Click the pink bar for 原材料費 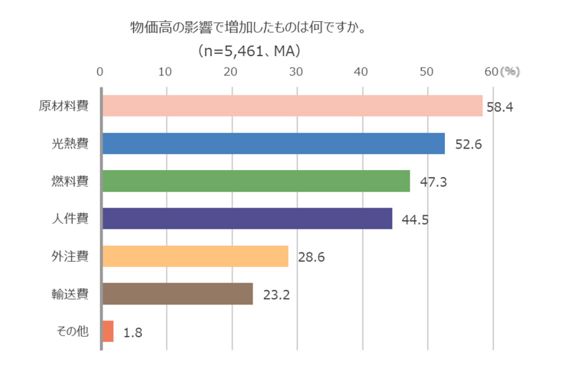[292, 106]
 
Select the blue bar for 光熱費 [273, 143]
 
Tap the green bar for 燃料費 [255, 181]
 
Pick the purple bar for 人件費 [246, 219]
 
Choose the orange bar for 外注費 [194, 256]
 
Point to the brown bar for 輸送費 [177, 293]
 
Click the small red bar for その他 [107, 331]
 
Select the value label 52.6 [468, 144]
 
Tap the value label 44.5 [415, 219]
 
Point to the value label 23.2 [276, 294]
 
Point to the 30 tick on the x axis [296, 71]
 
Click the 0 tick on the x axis [100, 71]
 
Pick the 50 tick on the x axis [427, 71]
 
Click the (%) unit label [510, 71]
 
